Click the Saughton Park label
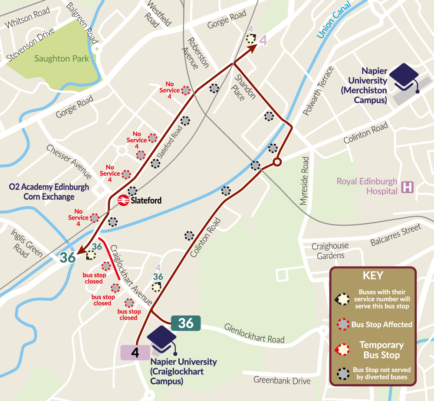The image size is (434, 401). pos(62,59)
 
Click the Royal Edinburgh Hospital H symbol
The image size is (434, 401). pos(408,187)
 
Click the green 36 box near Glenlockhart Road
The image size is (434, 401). pos(186,323)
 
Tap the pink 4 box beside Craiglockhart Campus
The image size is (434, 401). pos(135,353)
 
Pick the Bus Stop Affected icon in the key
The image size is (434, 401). pos(343,324)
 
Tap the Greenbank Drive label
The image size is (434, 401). pos(282,381)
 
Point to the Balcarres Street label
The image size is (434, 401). pos(395,235)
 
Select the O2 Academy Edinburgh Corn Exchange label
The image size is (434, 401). pos(49,192)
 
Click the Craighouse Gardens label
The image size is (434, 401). pos(330,251)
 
